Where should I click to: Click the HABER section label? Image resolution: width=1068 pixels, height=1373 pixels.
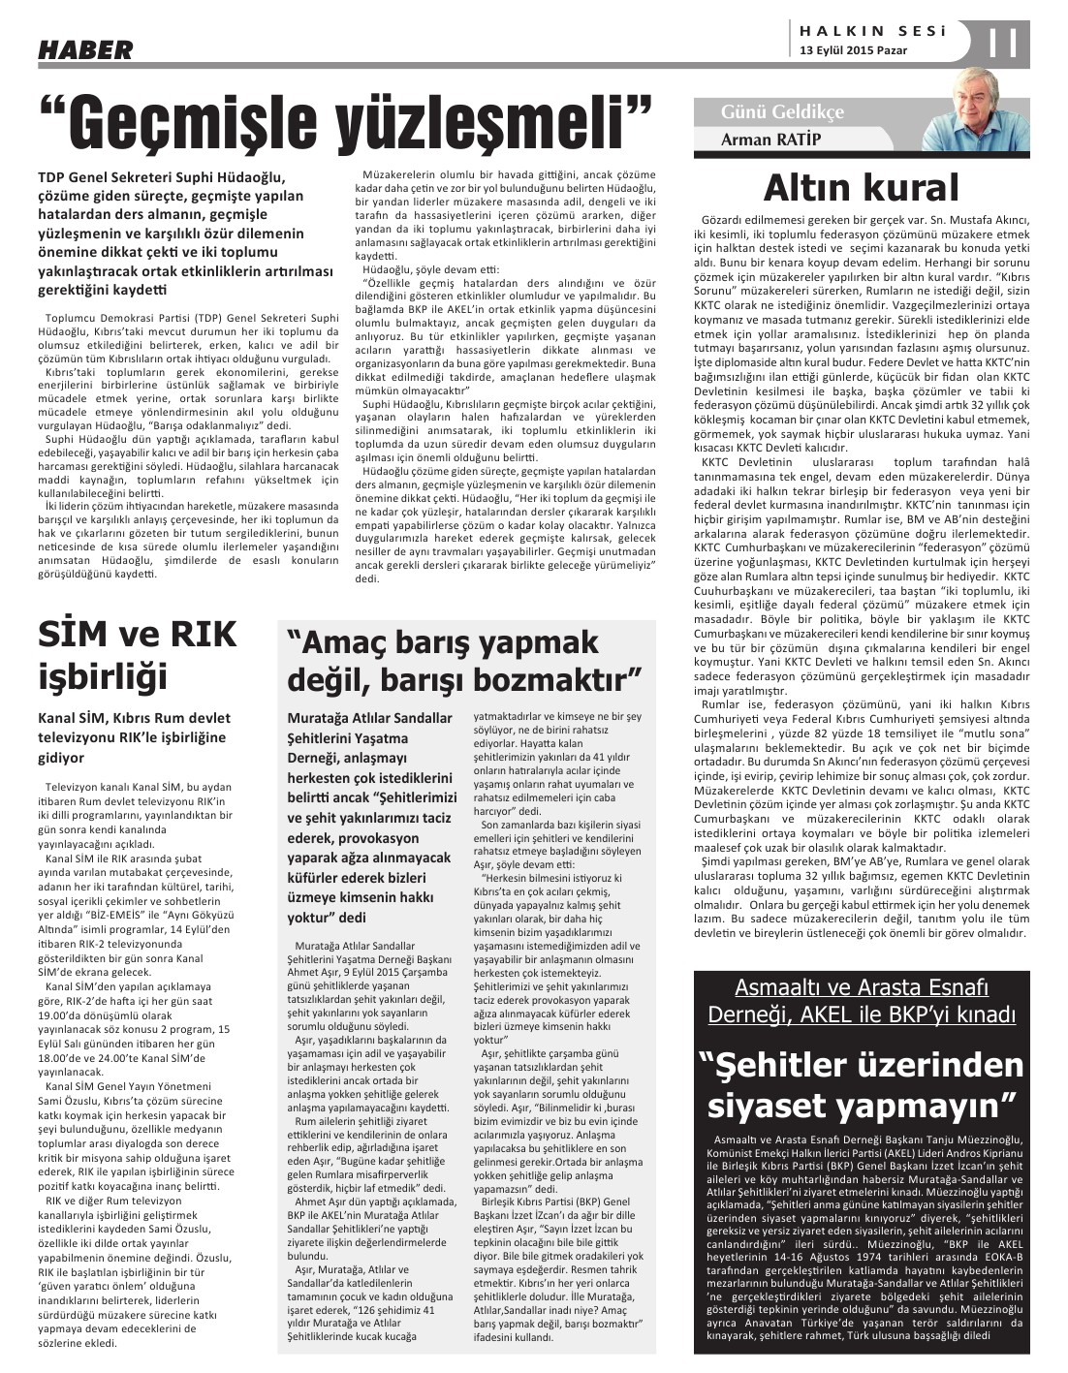tap(86, 49)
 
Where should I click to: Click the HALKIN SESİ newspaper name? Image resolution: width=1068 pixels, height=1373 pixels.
tap(868, 31)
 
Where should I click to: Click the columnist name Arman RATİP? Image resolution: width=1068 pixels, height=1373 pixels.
tap(770, 140)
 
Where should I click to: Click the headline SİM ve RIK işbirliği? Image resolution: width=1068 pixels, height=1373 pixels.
tap(137, 654)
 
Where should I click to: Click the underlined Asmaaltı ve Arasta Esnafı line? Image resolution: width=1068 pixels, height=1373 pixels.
tap(861, 988)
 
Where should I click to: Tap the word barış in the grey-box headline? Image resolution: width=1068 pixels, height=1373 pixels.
tap(442, 642)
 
